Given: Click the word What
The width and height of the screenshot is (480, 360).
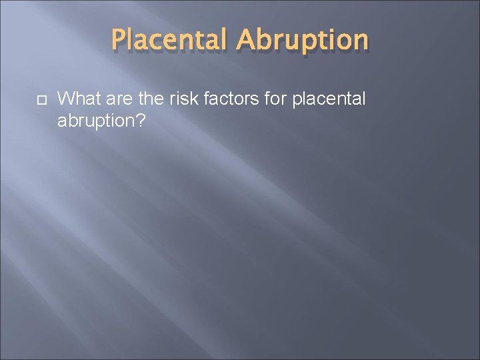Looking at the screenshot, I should click(x=76, y=99).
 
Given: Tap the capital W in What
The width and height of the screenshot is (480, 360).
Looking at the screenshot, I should click(x=65, y=99).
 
